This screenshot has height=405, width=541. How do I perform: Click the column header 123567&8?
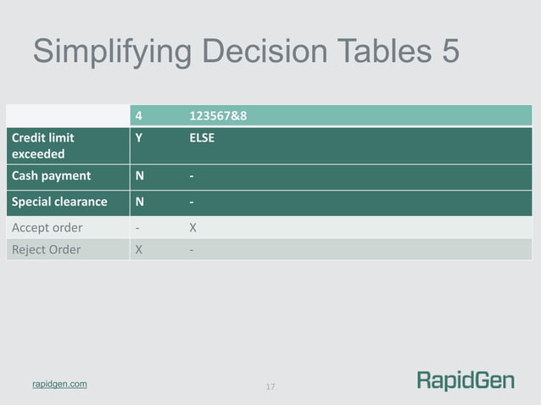tap(218, 115)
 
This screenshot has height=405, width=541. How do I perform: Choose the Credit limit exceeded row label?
tap(42, 146)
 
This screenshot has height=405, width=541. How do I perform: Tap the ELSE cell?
tap(202, 137)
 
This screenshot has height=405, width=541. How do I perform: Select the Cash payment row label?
tap(51, 176)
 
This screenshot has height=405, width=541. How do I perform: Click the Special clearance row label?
tap(59, 202)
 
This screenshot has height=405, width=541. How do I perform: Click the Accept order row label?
tap(47, 227)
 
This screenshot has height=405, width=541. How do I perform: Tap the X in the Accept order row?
tap(193, 227)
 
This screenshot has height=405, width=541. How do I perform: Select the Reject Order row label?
tap(46, 249)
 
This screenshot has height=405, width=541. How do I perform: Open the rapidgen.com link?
tap(59, 385)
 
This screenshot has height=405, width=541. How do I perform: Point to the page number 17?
tap(270, 387)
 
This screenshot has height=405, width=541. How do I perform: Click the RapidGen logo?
tap(466, 380)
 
